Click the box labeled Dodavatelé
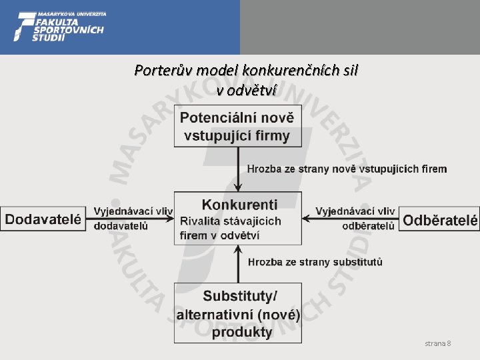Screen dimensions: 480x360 (x=43, y=219)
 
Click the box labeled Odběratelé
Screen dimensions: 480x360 (x=439, y=219)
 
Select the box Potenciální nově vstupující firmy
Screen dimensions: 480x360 (x=237, y=127)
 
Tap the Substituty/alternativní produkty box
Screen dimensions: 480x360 (x=237, y=313)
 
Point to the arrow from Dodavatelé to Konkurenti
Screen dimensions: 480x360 (x=131, y=218)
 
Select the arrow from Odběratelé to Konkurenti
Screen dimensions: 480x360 (x=350, y=218)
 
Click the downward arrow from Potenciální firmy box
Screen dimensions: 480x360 (x=238, y=169)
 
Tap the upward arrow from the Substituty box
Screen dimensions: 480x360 (x=238, y=263)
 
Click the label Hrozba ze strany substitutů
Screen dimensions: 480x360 (x=315, y=262)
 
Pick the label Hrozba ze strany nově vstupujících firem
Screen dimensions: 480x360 (x=347, y=169)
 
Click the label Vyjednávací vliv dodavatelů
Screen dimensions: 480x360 (x=131, y=218)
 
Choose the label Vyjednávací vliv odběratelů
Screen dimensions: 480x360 (x=355, y=218)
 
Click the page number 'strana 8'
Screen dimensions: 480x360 (x=438, y=343)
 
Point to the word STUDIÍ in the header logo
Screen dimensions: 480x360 (x=49, y=38)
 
